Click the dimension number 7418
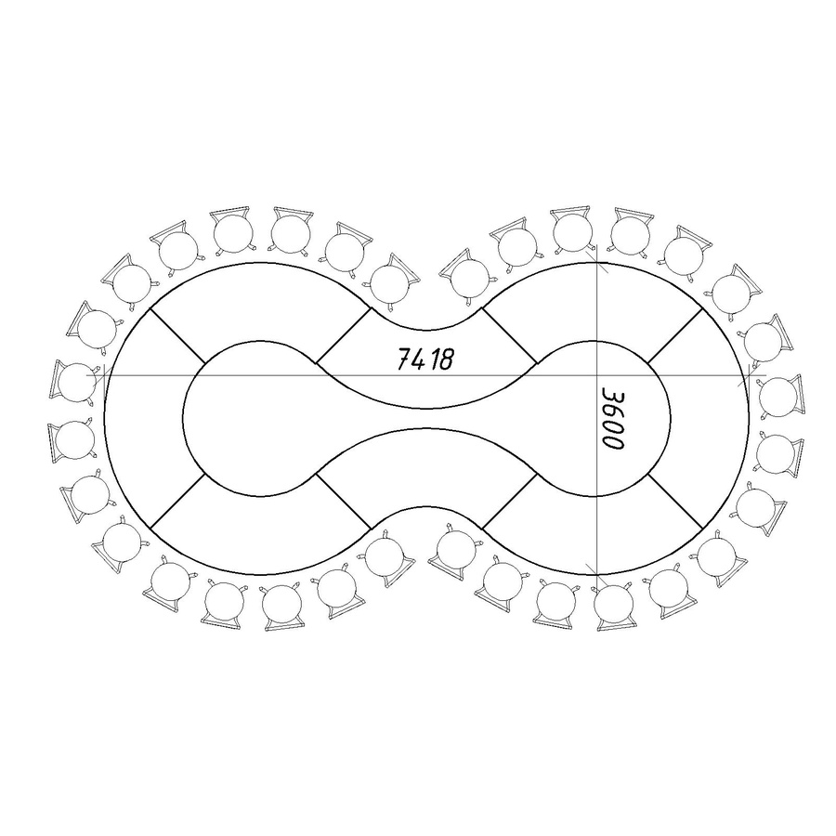[x=425, y=359]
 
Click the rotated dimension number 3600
[x=613, y=418]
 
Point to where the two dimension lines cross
[x=596, y=375]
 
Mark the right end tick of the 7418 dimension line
[x=749, y=375]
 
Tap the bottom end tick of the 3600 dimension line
[x=596, y=574]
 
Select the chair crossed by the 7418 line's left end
[x=74, y=382]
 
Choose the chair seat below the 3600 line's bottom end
[x=613, y=605]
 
